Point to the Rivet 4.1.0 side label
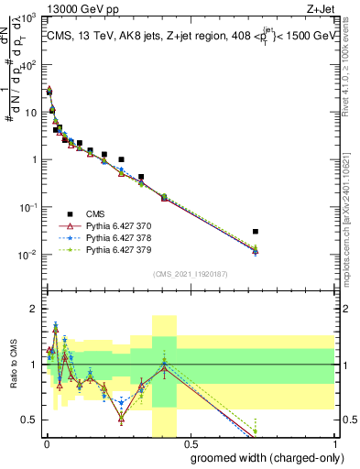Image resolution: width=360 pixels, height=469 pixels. tap(352, 64)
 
